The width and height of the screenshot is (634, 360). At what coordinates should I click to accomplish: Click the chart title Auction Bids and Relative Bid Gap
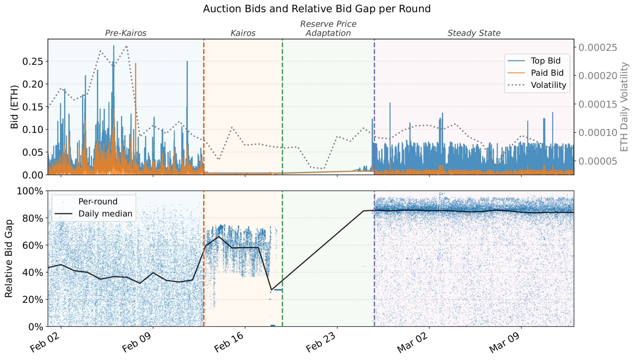316,9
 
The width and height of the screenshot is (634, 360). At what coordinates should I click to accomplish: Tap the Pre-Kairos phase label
125,33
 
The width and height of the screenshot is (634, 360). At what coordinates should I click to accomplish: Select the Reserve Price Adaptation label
328,29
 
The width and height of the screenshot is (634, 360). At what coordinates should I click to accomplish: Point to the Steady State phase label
474,33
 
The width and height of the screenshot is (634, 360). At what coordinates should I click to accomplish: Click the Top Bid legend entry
545,61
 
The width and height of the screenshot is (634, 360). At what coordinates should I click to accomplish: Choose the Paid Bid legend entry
547,73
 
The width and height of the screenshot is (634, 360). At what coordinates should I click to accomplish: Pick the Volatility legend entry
548,85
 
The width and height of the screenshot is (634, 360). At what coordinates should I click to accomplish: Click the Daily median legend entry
105,214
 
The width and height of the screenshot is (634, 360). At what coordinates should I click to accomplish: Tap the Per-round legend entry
98,201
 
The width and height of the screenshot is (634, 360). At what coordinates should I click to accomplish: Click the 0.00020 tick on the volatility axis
597,76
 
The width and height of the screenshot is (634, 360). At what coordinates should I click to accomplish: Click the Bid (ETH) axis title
14,107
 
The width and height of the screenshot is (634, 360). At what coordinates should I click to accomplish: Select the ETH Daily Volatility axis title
624,107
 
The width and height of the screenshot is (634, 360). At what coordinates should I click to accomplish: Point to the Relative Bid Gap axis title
9,259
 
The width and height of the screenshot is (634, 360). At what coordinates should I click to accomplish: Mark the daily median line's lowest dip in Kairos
271,290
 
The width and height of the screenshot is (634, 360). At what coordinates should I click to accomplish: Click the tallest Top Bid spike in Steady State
390,103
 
